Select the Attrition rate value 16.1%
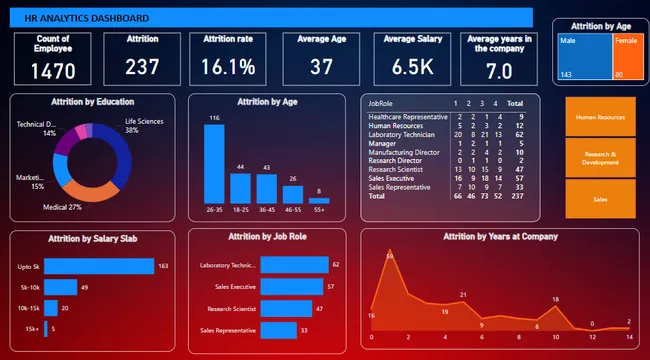coord(228,67)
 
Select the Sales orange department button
coord(600,199)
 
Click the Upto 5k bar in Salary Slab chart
coord(100,266)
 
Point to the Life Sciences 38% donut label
coord(144,126)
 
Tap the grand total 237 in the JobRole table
coord(515,196)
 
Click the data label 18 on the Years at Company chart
coord(556,300)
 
